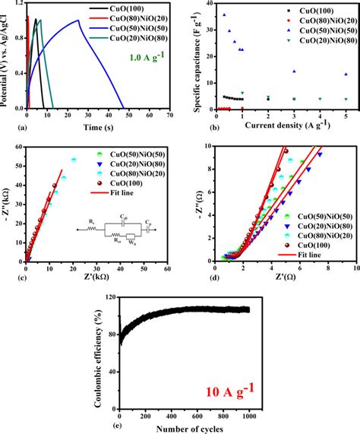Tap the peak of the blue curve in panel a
point(99,21)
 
